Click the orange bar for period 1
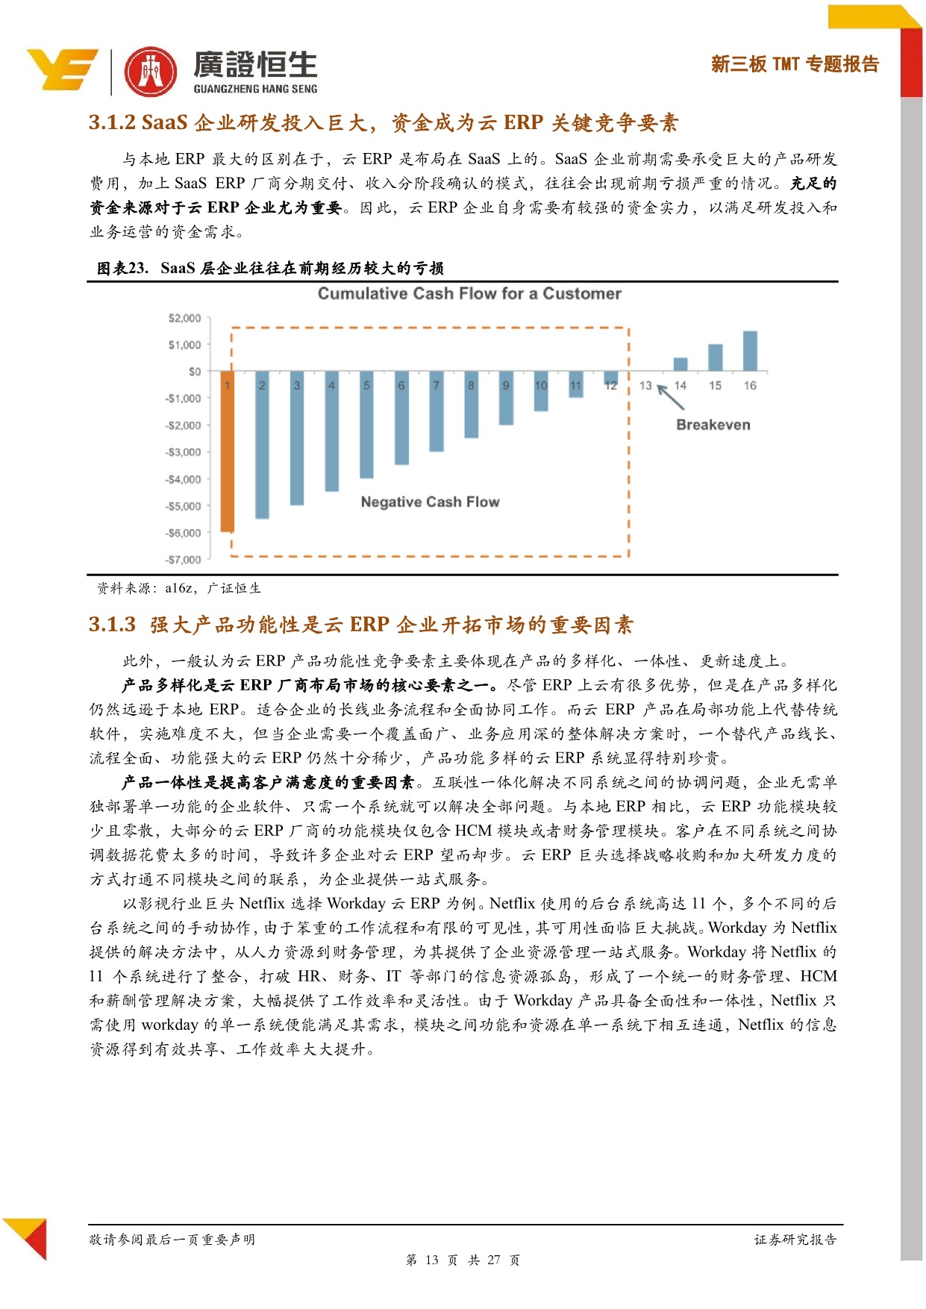[228, 451]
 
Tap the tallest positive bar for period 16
[750, 351]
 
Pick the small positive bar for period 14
[681, 364]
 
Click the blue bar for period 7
[437, 410]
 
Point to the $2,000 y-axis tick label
[184, 318]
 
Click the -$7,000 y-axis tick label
[183, 560]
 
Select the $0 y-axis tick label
[194, 372]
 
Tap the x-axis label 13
[645, 386]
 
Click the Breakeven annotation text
[713, 425]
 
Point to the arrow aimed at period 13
[671, 398]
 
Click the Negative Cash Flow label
[430, 502]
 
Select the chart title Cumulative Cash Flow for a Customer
[469, 293]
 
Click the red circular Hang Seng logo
[151, 72]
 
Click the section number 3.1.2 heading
[112, 122]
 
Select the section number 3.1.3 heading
[112, 625]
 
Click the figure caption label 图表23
[123, 268]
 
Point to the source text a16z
[179, 588]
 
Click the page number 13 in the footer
[432, 1260]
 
